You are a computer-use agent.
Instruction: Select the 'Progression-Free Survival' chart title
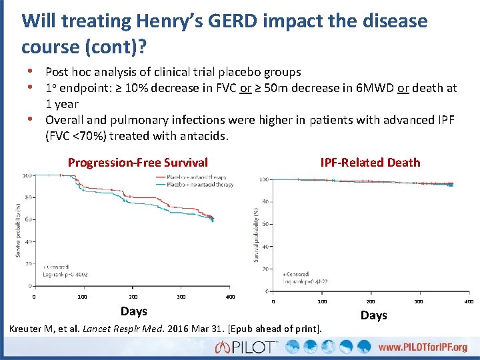pos(138,162)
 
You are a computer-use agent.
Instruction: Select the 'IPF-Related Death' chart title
pos(370,162)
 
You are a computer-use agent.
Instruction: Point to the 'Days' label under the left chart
pos(134,311)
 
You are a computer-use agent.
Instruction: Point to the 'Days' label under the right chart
pos(373,315)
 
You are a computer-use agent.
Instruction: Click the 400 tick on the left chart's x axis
pos(230,296)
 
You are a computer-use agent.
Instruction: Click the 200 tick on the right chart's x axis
pos(371,302)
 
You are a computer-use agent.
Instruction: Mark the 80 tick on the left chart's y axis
pos(28,197)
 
